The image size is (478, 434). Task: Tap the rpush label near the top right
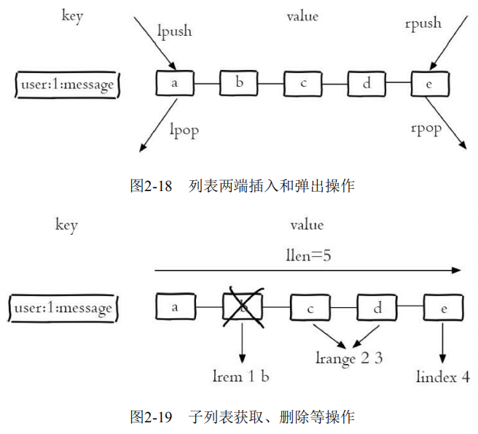tap(423, 23)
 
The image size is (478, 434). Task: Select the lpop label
tap(184, 130)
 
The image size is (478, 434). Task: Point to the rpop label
tap(426, 129)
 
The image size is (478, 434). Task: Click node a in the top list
tap(175, 83)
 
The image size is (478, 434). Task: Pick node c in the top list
tap(303, 84)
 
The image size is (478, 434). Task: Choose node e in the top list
tap(430, 84)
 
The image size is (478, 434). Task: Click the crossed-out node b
tap(243, 308)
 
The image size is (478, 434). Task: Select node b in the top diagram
tap(239, 83)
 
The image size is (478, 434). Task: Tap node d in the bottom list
tap(377, 308)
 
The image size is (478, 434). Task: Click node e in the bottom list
tap(443, 308)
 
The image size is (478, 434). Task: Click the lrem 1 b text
tap(242, 376)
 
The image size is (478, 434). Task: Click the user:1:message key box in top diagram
tap(67, 85)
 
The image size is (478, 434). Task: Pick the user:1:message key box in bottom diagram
tap(67, 308)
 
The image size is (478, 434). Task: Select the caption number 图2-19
tap(151, 417)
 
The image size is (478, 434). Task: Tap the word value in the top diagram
tap(302, 16)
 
